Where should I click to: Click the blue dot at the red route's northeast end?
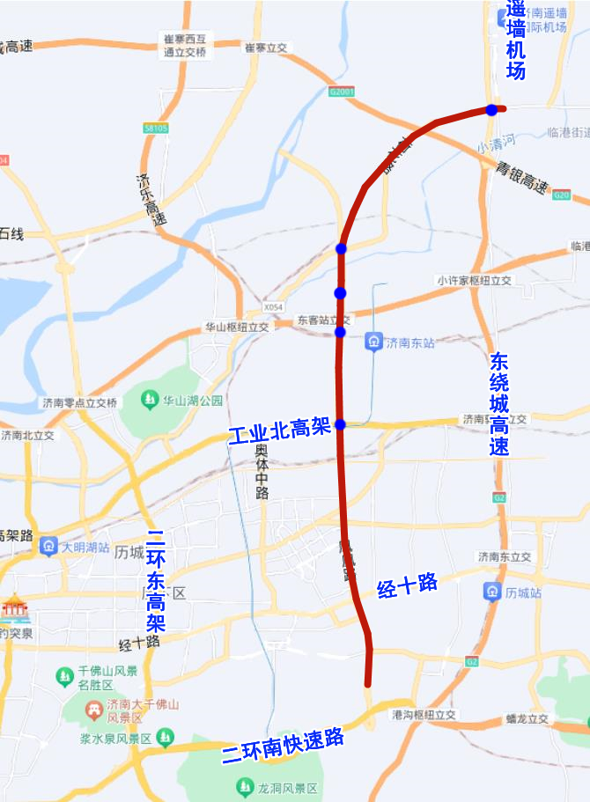[x=491, y=110]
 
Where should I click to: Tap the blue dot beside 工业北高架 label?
[x=341, y=424]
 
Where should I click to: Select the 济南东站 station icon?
[x=375, y=342]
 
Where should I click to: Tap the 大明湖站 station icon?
[x=48, y=547]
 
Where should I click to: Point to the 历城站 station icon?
[x=492, y=591]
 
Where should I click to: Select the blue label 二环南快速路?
[x=282, y=747]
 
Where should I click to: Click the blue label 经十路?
[x=407, y=585]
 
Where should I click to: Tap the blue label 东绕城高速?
[x=499, y=404]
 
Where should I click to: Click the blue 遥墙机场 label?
[x=516, y=40]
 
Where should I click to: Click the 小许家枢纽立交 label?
[x=474, y=281]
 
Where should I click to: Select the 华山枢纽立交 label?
[x=237, y=326]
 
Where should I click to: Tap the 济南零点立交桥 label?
[x=79, y=402]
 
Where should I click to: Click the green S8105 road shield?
[x=155, y=129]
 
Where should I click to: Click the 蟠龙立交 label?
[x=527, y=718]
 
